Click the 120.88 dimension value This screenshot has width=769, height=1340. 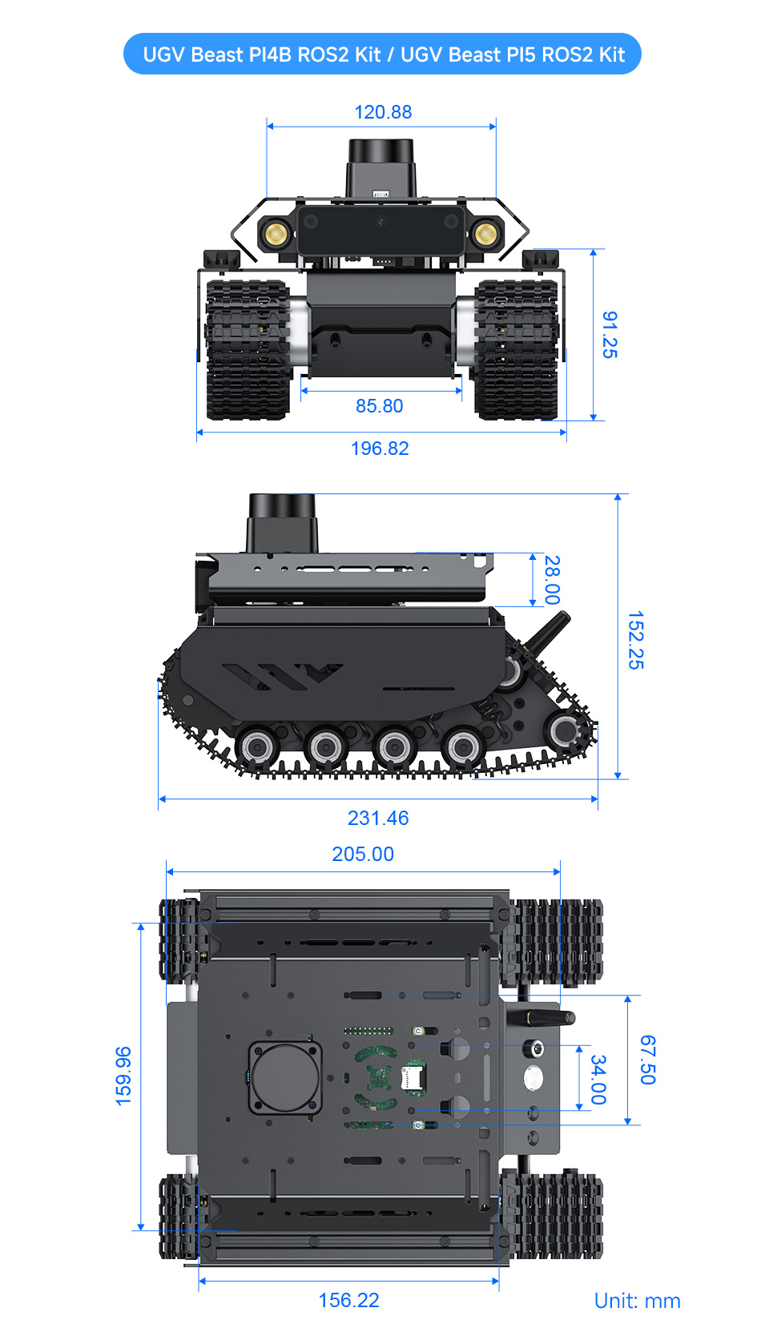[383, 112]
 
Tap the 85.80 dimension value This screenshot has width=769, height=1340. [379, 406]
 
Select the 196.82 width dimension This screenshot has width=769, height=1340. [380, 449]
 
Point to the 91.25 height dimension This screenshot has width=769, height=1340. [610, 335]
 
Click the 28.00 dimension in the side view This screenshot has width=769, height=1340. [552, 580]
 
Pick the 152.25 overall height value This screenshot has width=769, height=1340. [635, 640]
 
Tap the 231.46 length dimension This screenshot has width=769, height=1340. [378, 818]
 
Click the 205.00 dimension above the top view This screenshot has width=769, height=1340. [363, 854]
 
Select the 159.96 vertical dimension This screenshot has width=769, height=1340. [123, 1076]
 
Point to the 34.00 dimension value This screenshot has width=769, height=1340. [598, 1079]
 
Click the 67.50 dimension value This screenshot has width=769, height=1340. [648, 1060]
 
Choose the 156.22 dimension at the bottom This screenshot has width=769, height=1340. [348, 1300]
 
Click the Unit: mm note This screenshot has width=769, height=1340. [637, 1301]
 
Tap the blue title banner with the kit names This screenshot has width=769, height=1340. [383, 54]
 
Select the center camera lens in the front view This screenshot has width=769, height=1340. [381, 222]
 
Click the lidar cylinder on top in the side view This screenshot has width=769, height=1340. [282, 521]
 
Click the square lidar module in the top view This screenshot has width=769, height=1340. [285, 1077]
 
